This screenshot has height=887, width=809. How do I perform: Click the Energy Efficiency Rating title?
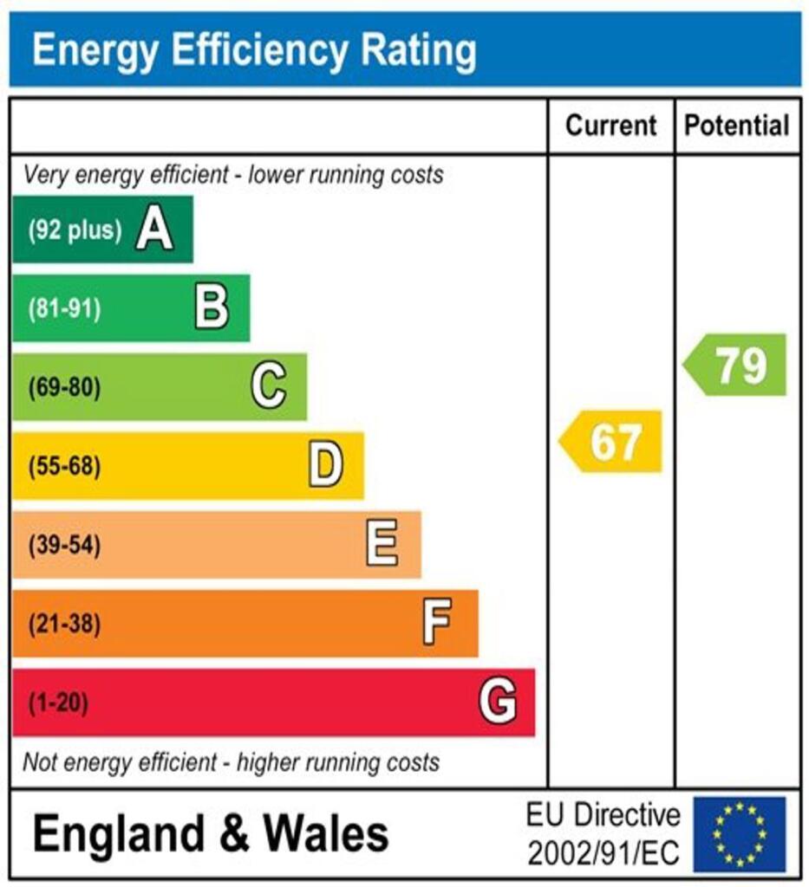pos(253,51)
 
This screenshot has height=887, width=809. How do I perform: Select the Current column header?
pos(610,126)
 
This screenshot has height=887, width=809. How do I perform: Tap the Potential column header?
pos(737,126)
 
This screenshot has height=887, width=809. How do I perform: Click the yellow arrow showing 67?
pos(612,442)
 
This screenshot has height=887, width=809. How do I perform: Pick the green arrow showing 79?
pos(737,365)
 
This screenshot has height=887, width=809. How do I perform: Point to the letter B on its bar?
pos(212,308)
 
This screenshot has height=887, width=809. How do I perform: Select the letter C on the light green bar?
pos(269,386)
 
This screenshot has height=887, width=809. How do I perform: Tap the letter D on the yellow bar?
pos(326,466)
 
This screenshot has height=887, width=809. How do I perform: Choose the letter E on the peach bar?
pos(382,545)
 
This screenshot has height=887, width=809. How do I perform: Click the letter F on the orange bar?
pos(438,623)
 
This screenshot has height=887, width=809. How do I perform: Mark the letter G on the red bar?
pos(498,702)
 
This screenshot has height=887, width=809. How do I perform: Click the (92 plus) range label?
pos(75,230)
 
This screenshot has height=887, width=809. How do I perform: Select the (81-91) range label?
pos(65,308)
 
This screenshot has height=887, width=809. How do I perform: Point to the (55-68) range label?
pos(65,467)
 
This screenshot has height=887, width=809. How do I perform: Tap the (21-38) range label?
pos(65,624)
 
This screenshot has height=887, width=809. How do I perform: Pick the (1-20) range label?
pos(59,702)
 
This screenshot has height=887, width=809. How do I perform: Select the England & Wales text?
pos(211,834)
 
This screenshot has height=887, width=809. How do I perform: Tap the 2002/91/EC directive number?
pos(603,853)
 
